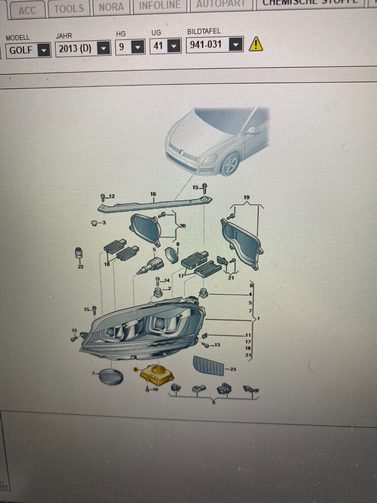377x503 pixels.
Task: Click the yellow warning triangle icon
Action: tap(256, 44)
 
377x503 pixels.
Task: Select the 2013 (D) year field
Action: tap(75, 49)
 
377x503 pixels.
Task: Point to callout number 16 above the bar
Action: tap(153, 194)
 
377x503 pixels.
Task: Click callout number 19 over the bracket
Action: tap(246, 197)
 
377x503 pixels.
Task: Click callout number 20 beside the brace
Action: tap(183, 226)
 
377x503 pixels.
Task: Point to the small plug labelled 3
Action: tap(94, 223)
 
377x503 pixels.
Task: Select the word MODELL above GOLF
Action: tap(18, 38)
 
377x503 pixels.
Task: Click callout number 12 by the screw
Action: tap(111, 196)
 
